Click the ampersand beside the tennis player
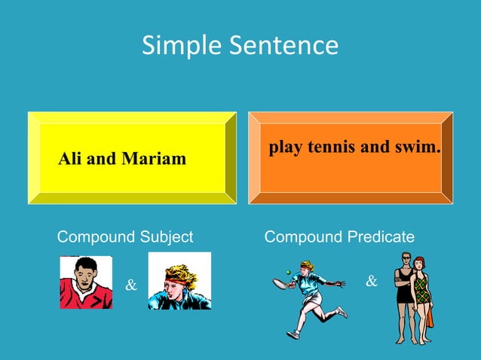point(371,282)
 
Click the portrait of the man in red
point(86,282)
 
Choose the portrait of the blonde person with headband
point(179,281)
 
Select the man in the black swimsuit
point(405,294)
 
